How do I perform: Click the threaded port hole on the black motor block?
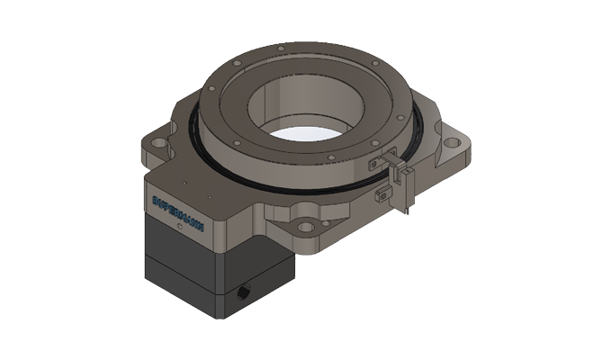click(x=245, y=293)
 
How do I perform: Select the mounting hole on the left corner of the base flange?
click(x=157, y=142)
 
